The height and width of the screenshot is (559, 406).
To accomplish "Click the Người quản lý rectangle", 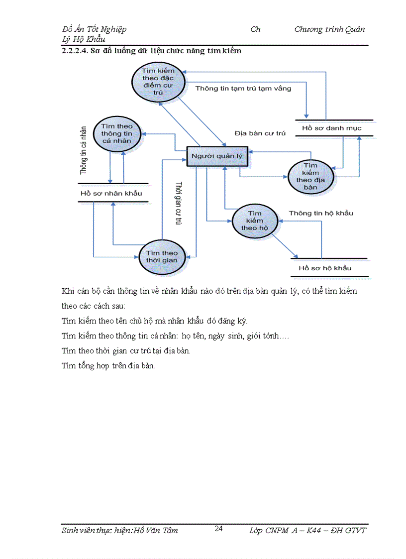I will click(x=217, y=156).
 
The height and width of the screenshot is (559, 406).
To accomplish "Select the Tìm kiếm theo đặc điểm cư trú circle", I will click(x=159, y=81).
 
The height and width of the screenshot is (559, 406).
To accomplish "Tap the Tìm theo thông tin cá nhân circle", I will click(x=116, y=133).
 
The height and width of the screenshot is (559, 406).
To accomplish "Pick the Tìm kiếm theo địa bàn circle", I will click(x=310, y=177).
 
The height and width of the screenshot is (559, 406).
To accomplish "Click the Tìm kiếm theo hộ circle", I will click(x=254, y=221).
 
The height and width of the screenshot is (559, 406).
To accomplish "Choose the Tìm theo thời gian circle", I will click(x=162, y=256).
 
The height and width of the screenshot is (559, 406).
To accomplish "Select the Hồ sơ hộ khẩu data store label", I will click(x=325, y=268).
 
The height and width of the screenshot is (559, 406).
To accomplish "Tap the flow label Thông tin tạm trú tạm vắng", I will click(x=243, y=89).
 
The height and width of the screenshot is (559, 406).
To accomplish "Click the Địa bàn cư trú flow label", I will click(x=260, y=133).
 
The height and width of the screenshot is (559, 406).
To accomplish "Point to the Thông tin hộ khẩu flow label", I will click(x=321, y=213).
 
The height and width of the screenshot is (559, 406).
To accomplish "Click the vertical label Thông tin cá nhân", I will click(x=84, y=150).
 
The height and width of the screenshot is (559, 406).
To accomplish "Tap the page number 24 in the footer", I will click(x=218, y=529).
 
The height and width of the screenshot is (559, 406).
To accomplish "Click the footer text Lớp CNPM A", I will click(x=273, y=531).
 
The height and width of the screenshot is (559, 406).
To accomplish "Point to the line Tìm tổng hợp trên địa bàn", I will click(x=108, y=366).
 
